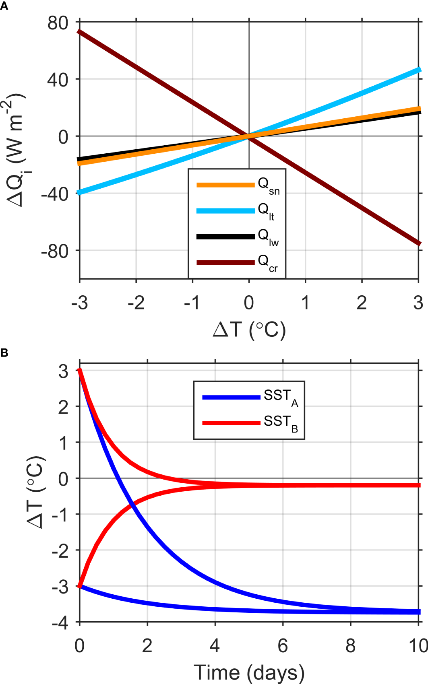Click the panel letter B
click(x=4, y=353)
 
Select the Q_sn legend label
click(x=268, y=185)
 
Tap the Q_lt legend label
click(x=266, y=211)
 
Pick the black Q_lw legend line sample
click(x=225, y=237)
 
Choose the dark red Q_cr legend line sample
click(x=225, y=262)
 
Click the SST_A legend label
click(x=281, y=398)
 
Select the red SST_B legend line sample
click(x=231, y=423)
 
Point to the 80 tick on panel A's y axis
click(x=58, y=23)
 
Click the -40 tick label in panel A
click(x=55, y=194)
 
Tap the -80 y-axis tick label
click(x=55, y=251)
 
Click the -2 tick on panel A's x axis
click(x=136, y=303)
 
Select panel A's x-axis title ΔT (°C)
click(x=249, y=330)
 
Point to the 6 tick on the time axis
click(x=283, y=646)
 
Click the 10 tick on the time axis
click(x=418, y=646)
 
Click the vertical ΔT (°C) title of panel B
click(x=35, y=492)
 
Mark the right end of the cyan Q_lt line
click(x=420, y=70)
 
